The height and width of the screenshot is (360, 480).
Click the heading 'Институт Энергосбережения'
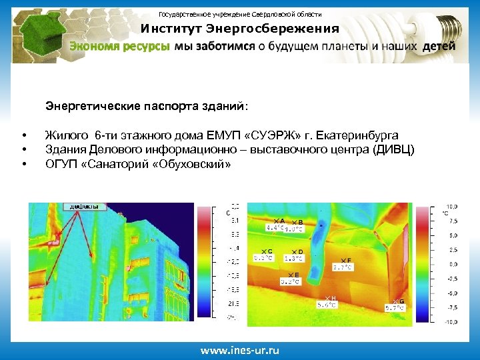coord(239,29)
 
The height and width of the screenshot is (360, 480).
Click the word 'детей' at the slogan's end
coord(439,47)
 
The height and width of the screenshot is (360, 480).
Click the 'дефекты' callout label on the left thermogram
coord(84,207)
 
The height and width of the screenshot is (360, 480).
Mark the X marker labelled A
coord(276,221)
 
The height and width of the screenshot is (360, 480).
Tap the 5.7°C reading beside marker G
coord(394,308)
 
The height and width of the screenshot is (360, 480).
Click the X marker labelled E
coord(290,275)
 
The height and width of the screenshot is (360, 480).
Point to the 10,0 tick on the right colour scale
coord(451,207)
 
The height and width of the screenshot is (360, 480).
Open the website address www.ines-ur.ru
coord(240,350)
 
